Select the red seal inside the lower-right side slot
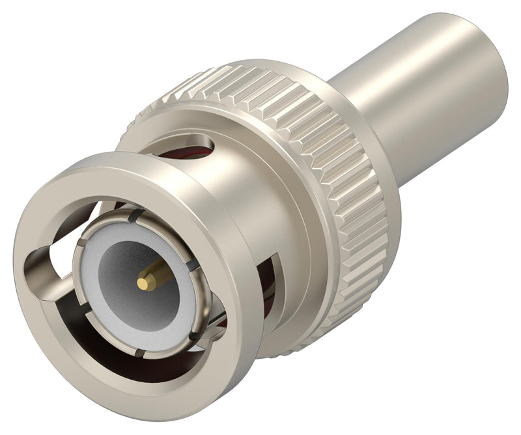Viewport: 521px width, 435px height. point(267,287)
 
